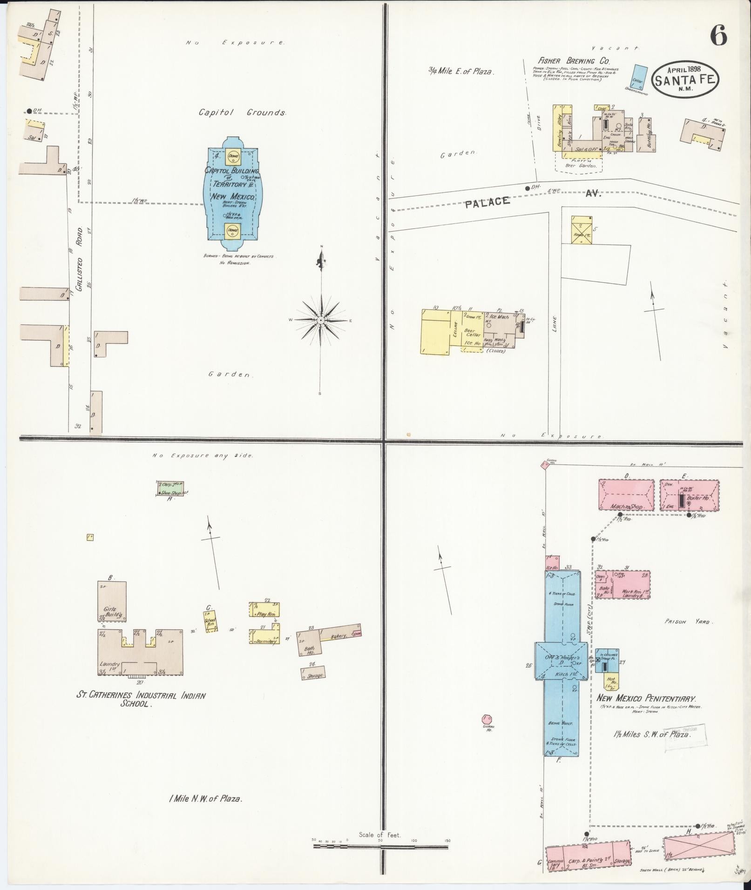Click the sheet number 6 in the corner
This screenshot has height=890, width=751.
(x=718, y=35)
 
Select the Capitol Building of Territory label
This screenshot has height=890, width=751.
(x=232, y=183)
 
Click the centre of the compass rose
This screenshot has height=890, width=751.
(x=321, y=321)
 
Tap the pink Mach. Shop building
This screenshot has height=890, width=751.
(x=626, y=496)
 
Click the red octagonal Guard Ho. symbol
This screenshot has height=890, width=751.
(x=487, y=732)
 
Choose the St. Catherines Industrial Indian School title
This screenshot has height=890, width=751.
(x=141, y=699)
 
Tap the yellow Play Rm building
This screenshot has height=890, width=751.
(x=264, y=609)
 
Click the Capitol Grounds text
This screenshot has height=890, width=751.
(x=242, y=112)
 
